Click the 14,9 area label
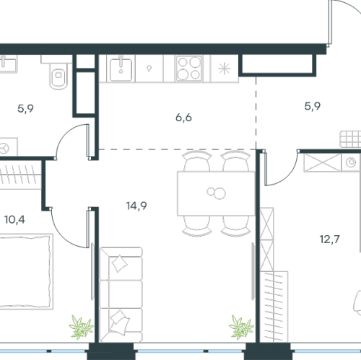136,206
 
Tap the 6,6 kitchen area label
183,118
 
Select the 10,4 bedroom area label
14,219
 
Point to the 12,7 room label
329,240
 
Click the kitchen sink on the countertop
121,69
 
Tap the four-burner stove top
189,69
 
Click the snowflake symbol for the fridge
225,69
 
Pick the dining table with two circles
216,193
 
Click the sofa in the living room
121,294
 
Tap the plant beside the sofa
81,328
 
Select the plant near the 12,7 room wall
241,327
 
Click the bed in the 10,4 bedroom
25,272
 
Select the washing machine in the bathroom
8,146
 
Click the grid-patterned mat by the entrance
350,139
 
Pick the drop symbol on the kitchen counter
149,69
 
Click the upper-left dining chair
197,161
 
